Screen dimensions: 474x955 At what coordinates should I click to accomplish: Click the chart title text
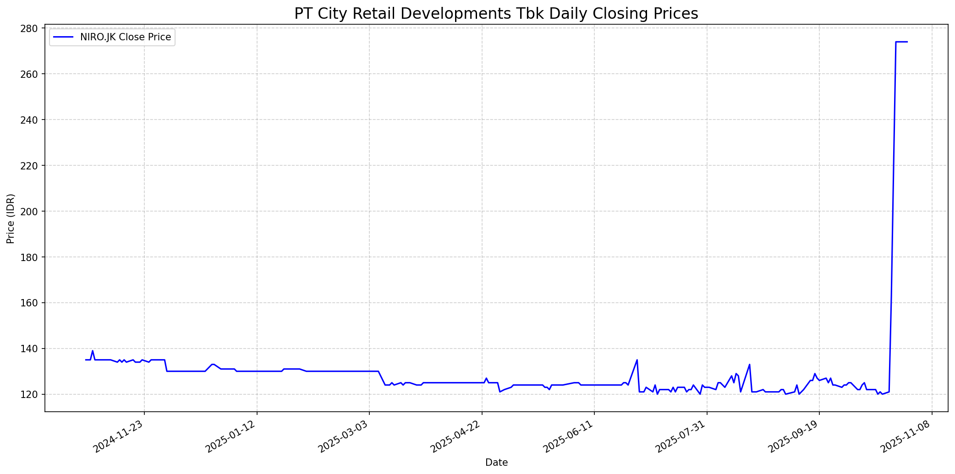(x=496, y=14)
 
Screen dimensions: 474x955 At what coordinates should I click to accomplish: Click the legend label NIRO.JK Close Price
(x=126, y=37)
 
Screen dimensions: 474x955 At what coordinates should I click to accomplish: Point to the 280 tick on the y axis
(x=30, y=28)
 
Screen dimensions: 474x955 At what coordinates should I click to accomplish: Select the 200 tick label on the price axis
(x=30, y=212)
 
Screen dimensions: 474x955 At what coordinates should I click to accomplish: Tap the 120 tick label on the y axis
(x=30, y=395)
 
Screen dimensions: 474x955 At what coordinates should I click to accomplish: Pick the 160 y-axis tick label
(x=30, y=303)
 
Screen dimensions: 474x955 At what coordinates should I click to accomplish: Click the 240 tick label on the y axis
(x=30, y=120)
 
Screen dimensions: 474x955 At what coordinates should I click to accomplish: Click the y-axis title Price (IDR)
(x=11, y=218)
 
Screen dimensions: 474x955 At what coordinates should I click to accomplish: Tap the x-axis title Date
(x=496, y=463)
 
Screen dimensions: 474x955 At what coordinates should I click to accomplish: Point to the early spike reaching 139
(x=93, y=351)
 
